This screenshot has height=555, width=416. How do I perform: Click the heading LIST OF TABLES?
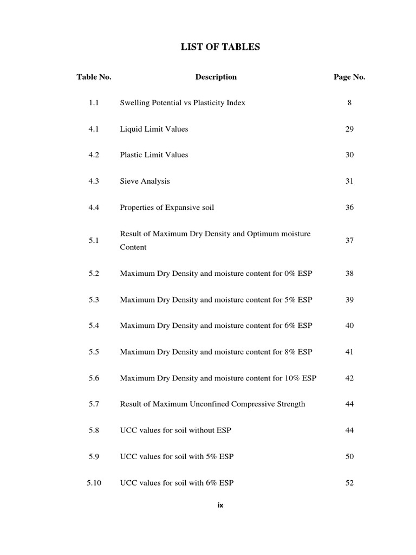coord(220,47)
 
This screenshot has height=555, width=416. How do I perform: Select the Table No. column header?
coord(94,77)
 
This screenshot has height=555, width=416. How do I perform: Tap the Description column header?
coord(216,77)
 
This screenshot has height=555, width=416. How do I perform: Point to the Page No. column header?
coord(349,77)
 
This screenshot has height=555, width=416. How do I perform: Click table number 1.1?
coord(94,102)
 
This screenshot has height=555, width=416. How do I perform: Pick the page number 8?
coord(349,102)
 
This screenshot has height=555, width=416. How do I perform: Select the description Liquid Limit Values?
coord(154,129)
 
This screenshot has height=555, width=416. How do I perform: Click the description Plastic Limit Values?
coord(154,155)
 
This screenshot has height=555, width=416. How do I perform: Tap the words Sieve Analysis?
coord(145,181)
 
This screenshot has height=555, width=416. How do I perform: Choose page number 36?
coord(349,207)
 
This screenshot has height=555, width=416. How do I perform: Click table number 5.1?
coord(94,240)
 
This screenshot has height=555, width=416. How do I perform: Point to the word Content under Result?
coord(133,247)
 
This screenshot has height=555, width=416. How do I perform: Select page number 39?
coord(349,300)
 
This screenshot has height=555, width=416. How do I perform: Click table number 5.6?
coord(94,378)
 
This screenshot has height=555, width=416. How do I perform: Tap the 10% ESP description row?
coord(218,378)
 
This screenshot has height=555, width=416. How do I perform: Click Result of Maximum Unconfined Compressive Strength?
coord(212,404)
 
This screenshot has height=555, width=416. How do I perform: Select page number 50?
coord(349,456)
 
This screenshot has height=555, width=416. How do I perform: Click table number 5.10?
coord(94,482)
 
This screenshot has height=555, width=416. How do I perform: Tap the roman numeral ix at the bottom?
coord(220,505)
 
